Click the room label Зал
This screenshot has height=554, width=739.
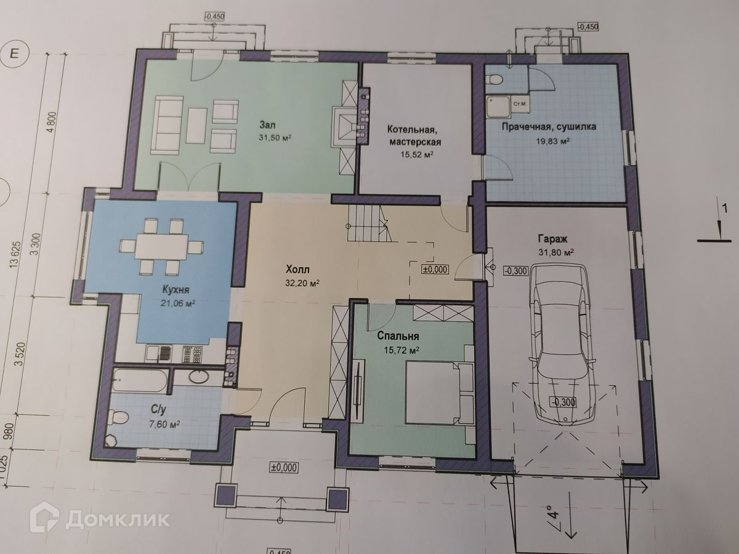[267, 125]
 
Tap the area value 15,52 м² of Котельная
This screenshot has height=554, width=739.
[416, 155]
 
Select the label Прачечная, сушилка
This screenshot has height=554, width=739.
[549, 127]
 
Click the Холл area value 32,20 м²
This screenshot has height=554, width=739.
[302, 284]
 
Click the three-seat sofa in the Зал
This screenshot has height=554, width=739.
[168, 124]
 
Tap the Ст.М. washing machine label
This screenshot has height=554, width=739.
[520, 104]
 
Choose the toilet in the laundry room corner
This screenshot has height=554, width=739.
[495, 80]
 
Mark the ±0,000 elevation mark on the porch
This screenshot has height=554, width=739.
[283, 468]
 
